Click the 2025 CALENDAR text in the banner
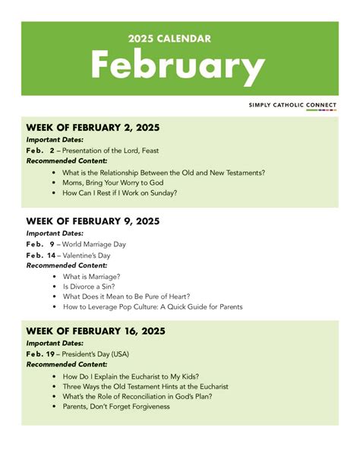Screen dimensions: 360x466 click(169, 39)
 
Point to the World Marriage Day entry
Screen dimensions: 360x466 click(94, 244)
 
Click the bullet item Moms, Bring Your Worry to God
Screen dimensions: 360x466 click(114, 182)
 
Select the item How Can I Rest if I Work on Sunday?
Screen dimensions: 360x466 click(120, 193)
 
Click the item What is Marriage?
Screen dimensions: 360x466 click(91, 277)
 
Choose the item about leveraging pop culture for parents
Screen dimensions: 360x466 click(153, 306)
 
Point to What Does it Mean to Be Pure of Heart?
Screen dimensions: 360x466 click(126, 296)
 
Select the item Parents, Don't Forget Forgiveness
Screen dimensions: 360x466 click(116, 406)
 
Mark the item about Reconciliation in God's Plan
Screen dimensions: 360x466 click(137, 396)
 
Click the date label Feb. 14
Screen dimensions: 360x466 click(40, 255)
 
